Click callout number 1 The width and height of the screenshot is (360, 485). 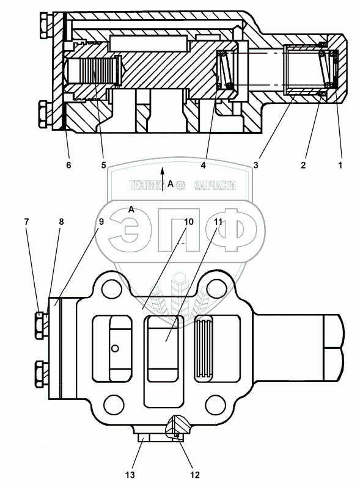pyautogui.click(x=340, y=165)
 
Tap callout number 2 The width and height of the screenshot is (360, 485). pyautogui.click(x=303, y=165)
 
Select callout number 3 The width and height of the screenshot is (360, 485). pyautogui.click(x=255, y=165)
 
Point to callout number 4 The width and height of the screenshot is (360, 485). pyautogui.click(x=203, y=165)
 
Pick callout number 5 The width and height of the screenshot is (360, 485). pyautogui.click(x=103, y=165)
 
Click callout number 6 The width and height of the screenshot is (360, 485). pyautogui.click(x=68, y=165)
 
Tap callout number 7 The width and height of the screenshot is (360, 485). pyautogui.click(x=26, y=222)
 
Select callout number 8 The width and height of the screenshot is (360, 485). pyautogui.click(x=61, y=222)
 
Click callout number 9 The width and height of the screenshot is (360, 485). pyautogui.click(x=101, y=222)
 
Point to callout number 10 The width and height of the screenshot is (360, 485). pyautogui.click(x=188, y=222)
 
